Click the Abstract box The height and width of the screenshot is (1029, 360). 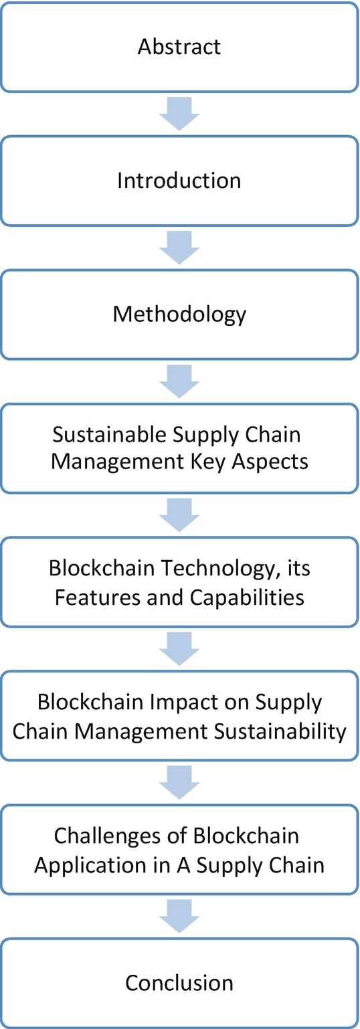[x=179, y=47]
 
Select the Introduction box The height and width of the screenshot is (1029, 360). [x=179, y=181]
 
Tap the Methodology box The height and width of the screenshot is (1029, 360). [x=179, y=314]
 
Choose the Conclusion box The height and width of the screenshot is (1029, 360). [x=179, y=983]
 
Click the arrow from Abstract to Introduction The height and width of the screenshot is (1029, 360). [x=179, y=114]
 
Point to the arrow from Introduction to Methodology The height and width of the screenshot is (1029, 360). [x=179, y=248]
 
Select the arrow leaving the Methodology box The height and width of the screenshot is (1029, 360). [x=179, y=381]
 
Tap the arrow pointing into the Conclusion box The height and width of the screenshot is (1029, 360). [x=179, y=916]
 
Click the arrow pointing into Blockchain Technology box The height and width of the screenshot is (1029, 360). [x=179, y=515]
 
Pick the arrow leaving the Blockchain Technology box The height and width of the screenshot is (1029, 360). [x=179, y=649]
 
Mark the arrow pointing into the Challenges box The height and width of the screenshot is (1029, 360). [x=179, y=783]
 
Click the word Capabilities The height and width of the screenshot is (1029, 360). [x=248, y=596]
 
